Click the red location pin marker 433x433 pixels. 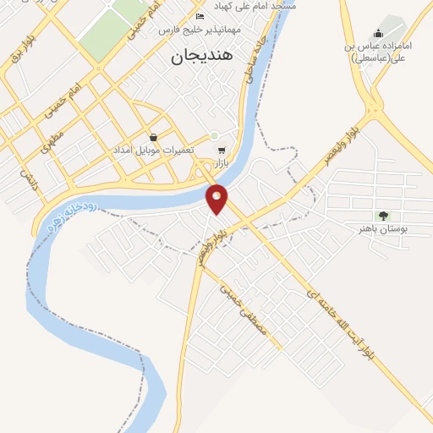point(217,198)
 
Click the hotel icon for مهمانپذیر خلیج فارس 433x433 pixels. point(200,16)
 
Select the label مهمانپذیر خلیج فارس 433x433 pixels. point(206,30)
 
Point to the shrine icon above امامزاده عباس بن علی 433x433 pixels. point(377,33)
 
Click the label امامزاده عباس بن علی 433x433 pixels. point(378,52)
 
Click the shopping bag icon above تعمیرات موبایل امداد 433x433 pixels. point(153,137)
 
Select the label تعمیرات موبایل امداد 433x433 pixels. point(152,150)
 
